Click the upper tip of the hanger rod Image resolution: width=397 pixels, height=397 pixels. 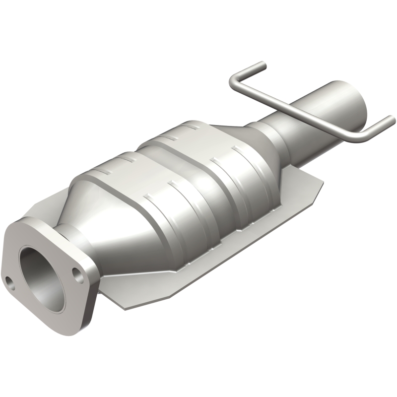tap(262, 65)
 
